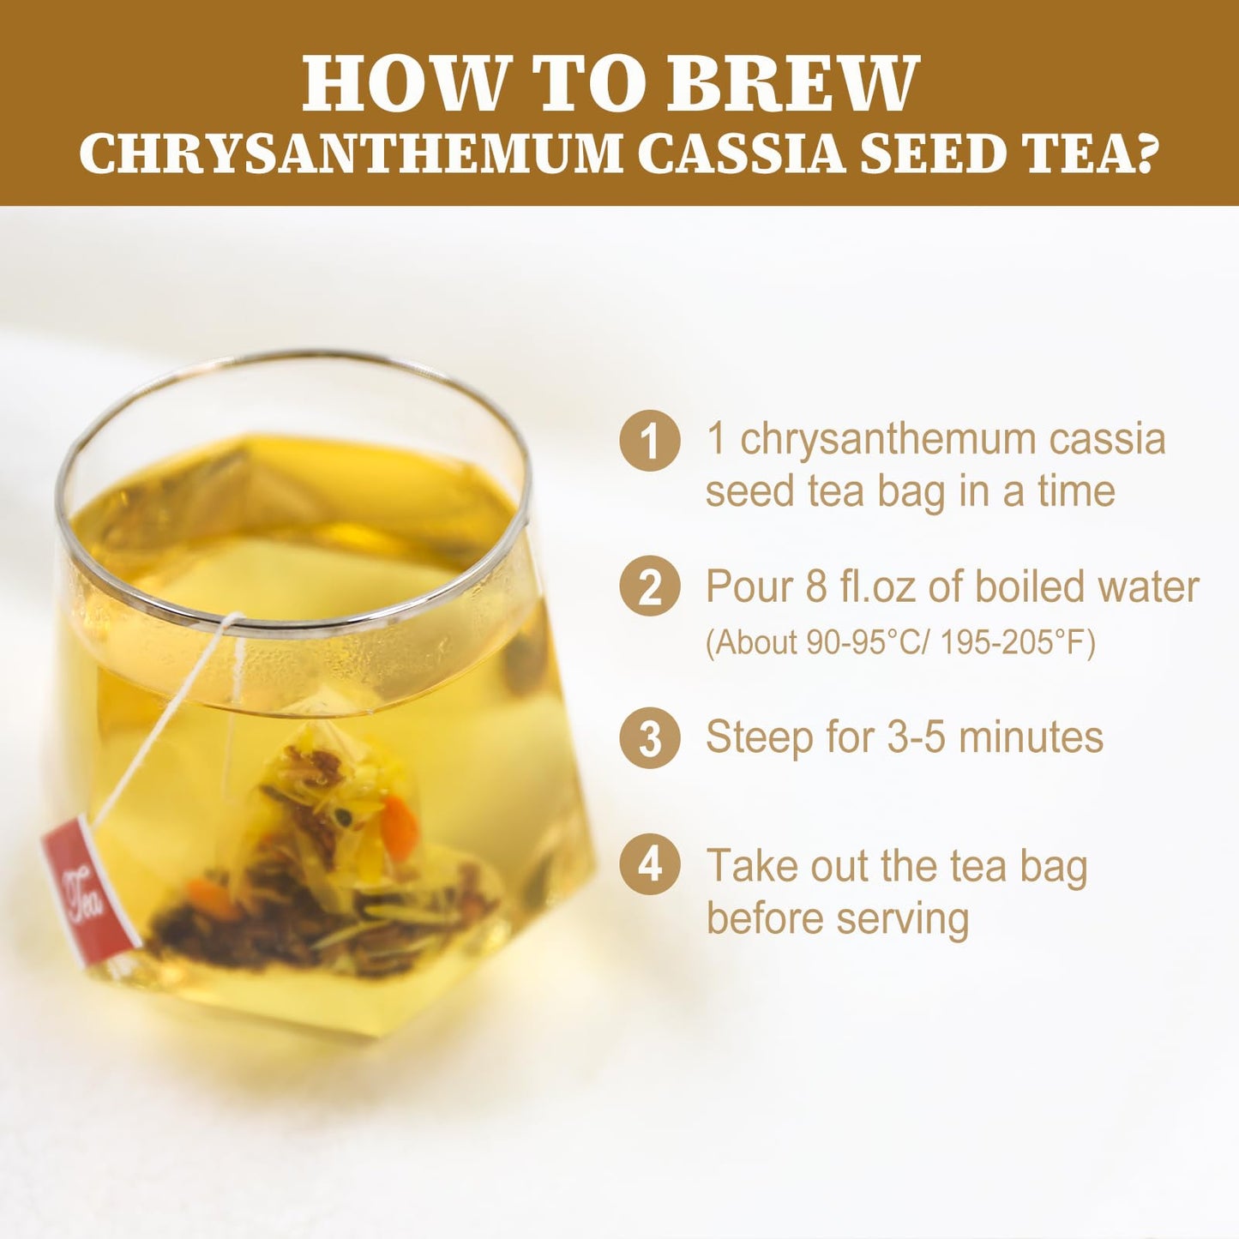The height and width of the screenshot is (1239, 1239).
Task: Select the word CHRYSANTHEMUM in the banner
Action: coord(351,154)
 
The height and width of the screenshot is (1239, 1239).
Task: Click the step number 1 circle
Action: coord(650,441)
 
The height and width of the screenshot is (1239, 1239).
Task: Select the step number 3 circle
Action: coord(650,738)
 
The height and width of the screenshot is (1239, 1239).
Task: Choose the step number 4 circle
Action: coord(650,864)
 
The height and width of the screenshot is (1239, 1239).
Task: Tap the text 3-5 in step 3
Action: coord(917,737)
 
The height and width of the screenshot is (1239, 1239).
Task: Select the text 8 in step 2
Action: coord(815,587)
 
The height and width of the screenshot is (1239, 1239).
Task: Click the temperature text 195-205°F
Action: coord(1018,642)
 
